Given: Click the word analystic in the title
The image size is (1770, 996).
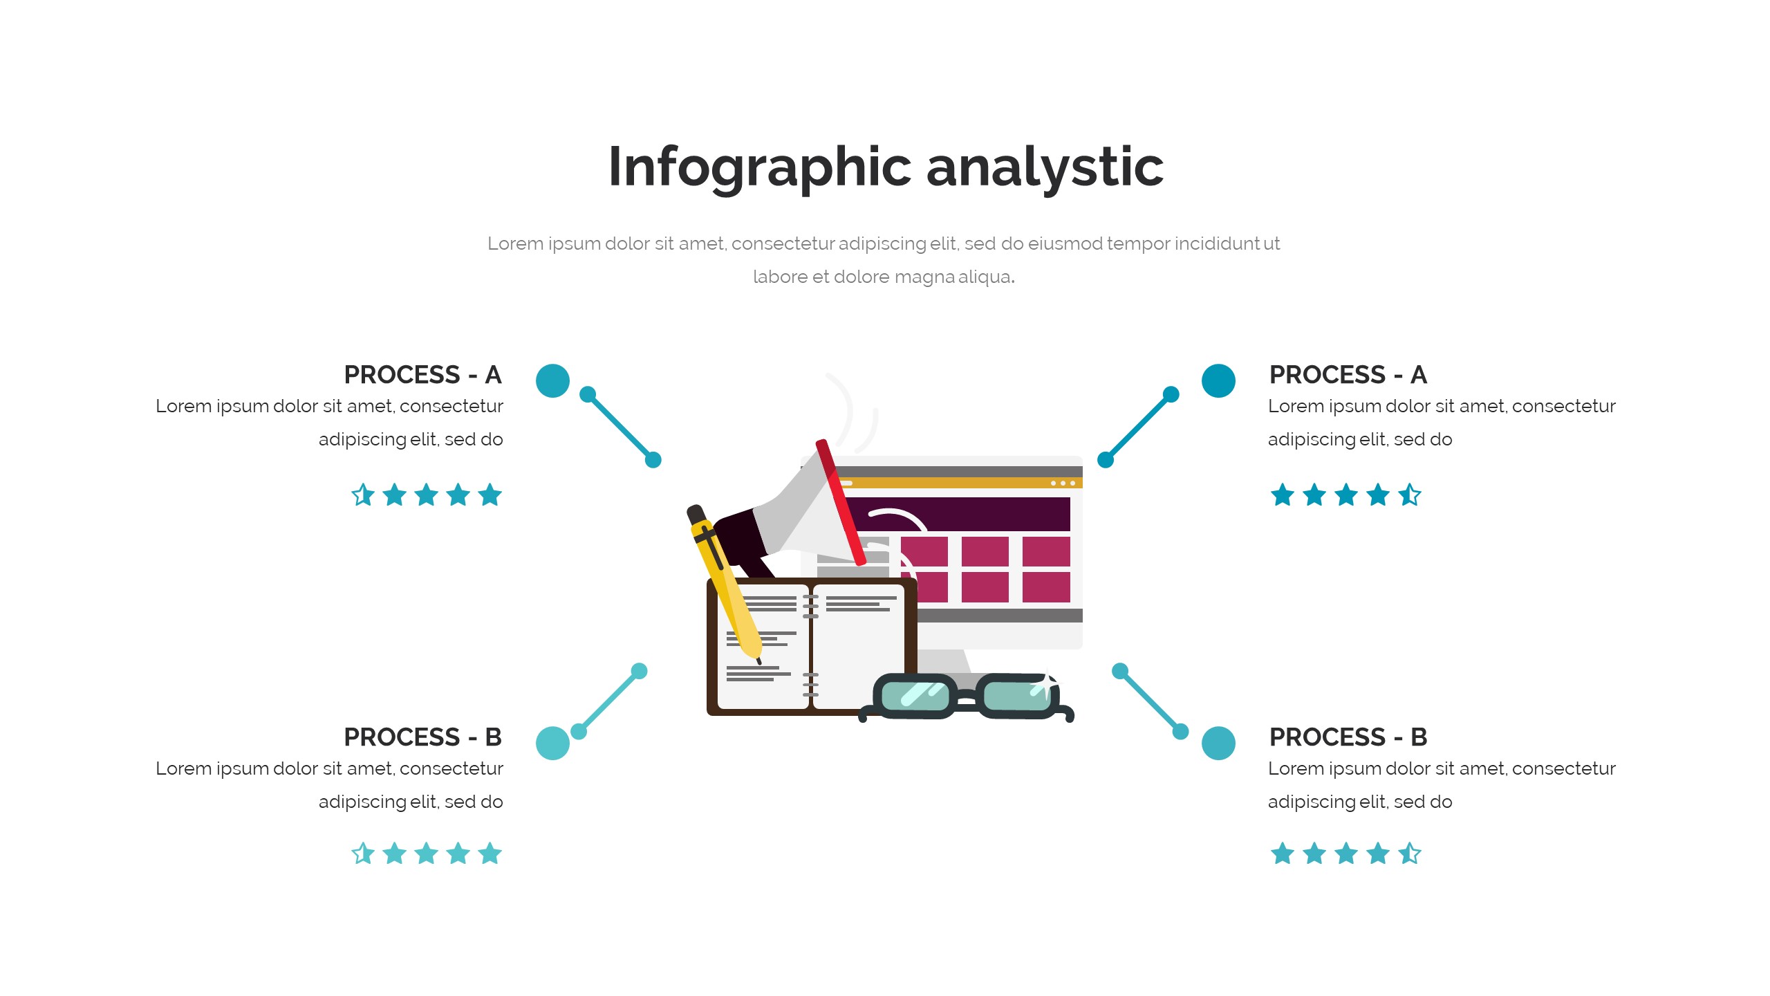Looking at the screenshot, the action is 1045,167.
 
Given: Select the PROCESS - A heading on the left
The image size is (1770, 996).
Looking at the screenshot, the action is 422,375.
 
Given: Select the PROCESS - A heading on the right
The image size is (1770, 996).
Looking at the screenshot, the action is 1348,375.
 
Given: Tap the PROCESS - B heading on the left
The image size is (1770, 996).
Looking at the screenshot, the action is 422,737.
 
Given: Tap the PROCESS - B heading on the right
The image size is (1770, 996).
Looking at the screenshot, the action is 1348,737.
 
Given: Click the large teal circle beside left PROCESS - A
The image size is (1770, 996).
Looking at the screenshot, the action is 552,380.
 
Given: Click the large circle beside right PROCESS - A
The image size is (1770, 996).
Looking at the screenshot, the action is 1218,380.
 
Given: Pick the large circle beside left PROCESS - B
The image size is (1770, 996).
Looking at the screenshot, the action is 552,744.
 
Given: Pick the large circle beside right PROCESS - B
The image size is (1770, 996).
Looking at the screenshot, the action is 1218,744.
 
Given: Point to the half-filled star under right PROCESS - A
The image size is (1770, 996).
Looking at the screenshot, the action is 1410,495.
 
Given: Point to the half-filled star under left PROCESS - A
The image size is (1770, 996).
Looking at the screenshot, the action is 363,495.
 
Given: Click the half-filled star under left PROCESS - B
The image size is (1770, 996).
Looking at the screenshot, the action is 363,854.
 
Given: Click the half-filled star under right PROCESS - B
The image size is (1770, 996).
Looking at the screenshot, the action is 1410,854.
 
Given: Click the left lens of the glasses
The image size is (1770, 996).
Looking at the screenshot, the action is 915,695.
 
